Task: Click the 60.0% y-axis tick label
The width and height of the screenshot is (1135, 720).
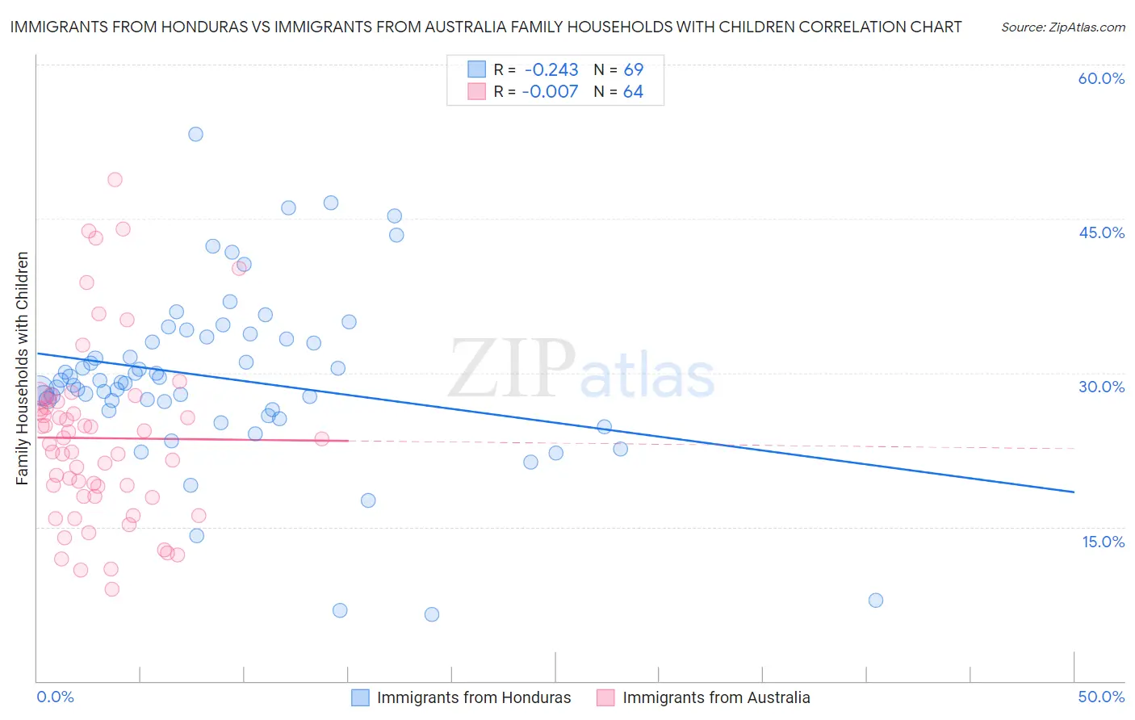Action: (x=1101, y=78)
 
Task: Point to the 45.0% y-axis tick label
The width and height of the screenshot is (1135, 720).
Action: (x=1101, y=232)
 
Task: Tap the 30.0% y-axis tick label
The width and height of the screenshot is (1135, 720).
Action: (x=1101, y=387)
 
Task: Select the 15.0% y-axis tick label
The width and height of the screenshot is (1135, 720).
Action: (x=1103, y=541)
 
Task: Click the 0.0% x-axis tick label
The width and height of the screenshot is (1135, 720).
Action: (x=55, y=697)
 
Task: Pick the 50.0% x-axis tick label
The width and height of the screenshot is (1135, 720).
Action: (x=1101, y=697)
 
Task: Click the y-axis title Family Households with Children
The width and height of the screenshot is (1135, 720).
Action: (x=23, y=368)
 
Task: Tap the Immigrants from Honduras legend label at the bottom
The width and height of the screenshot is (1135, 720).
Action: (x=474, y=697)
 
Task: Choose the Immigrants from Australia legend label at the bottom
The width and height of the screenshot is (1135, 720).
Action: (x=716, y=697)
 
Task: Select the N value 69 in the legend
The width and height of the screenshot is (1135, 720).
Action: (x=633, y=69)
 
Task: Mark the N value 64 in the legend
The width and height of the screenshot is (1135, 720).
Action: (x=633, y=91)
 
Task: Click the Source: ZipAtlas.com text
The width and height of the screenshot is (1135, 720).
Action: (x=1062, y=27)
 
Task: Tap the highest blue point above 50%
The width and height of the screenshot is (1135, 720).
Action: (x=195, y=134)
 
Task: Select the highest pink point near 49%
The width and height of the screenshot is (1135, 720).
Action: (x=115, y=179)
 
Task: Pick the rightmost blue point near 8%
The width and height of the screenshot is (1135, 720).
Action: (x=875, y=600)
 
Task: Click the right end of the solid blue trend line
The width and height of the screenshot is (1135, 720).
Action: (x=1074, y=492)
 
